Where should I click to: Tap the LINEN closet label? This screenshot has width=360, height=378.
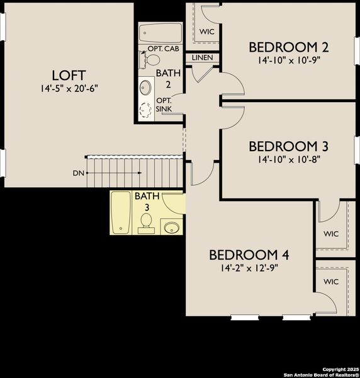coord(202,58)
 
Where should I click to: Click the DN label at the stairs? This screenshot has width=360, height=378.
coord(77,172)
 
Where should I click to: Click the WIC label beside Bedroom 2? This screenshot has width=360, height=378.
coord(206,31)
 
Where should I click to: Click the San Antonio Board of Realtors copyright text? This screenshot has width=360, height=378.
coord(321,372)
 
